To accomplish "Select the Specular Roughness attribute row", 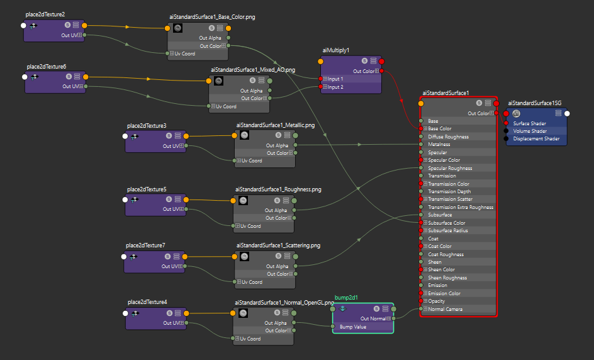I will [x=450, y=168].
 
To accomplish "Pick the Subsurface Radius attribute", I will [x=448, y=230].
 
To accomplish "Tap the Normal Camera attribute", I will [x=445, y=309].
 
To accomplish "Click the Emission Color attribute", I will [x=444, y=293].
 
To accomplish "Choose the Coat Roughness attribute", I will [x=445, y=254].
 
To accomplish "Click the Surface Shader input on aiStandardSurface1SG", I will [x=529, y=123].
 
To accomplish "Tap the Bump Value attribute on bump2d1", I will [x=352, y=327].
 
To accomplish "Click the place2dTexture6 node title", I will [x=46, y=66].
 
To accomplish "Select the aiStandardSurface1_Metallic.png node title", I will [x=275, y=125].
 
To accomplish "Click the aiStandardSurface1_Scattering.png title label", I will [x=277, y=245].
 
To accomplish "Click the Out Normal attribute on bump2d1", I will [x=374, y=318].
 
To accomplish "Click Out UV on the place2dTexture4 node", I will [x=171, y=323].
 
